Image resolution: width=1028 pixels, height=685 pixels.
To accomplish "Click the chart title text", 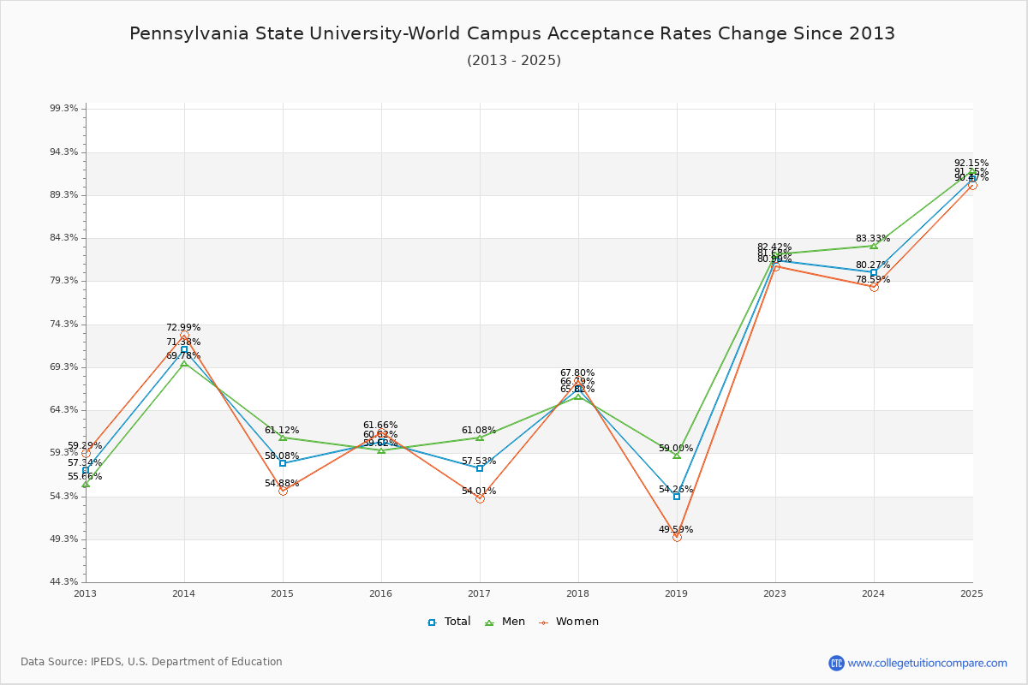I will tap(512, 33).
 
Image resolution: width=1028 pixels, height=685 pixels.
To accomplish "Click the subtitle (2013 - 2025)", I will tap(514, 60).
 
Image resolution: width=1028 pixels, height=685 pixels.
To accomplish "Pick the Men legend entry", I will tap(505, 622).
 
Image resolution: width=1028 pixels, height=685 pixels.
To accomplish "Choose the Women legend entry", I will tap(569, 622).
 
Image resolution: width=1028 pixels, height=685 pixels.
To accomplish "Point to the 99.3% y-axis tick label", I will tap(64, 109).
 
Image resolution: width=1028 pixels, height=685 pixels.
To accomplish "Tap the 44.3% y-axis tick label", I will tap(64, 582).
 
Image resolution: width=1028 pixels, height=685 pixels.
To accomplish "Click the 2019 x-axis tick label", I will tap(677, 593).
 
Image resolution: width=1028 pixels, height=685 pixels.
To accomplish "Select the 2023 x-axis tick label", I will tap(775, 593).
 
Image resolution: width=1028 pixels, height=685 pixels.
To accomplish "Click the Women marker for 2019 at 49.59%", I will tap(677, 537).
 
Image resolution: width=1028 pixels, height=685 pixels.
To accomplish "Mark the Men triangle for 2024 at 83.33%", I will tap(874, 246).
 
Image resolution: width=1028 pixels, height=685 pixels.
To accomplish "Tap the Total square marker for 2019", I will tap(677, 497).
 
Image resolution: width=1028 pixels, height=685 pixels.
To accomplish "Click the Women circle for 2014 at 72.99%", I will tap(184, 336).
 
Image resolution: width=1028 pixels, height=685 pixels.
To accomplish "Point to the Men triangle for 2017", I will tap(480, 438).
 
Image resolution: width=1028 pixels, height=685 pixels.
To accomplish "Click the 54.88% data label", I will tap(282, 484).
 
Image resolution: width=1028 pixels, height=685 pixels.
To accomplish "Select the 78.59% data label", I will tap(872, 280).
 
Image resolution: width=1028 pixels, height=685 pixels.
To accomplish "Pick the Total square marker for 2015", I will tap(283, 463).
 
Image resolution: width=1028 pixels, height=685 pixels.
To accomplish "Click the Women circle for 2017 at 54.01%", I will tap(480, 498).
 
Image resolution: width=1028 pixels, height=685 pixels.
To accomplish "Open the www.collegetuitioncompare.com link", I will tap(927, 663).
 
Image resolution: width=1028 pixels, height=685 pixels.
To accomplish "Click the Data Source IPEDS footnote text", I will tap(152, 662).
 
